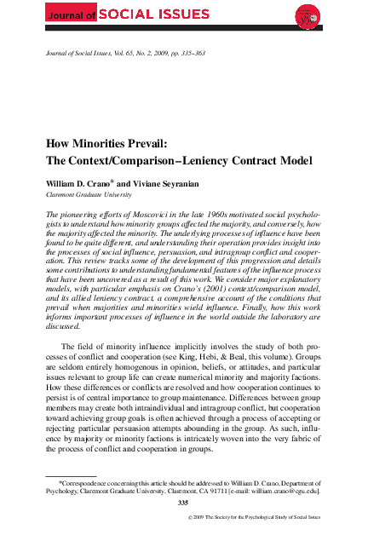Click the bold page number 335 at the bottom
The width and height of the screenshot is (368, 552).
[183, 503]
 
